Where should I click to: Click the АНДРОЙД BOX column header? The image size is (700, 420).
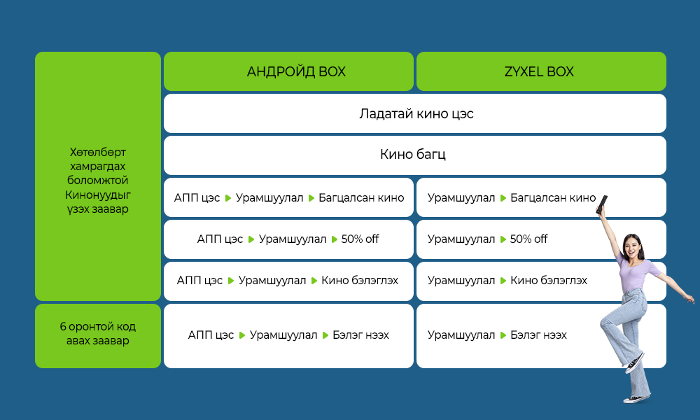(288, 71)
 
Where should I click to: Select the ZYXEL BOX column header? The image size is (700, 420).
(541, 71)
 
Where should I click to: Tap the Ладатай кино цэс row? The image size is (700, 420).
(414, 113)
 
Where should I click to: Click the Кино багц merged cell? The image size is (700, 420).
(414, 155)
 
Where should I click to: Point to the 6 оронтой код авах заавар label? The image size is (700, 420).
(98, 333)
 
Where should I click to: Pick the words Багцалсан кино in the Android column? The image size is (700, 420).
(361, 197)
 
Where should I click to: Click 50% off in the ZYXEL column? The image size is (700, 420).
(528, 239)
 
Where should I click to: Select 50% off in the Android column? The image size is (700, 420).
(360, 239)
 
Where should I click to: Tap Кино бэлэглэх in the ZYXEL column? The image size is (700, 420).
(549, 280)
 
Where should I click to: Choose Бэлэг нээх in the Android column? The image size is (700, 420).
(360, 335)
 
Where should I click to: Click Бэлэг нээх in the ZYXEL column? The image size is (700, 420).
(538, 335)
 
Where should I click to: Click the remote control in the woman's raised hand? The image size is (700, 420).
(602, 204)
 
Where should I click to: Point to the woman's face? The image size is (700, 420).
(633, 246)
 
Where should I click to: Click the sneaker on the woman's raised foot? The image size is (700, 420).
(635, 363)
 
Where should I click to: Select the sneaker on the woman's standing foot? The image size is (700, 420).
(637, 398)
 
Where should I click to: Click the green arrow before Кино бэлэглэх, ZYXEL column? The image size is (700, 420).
(503, 281)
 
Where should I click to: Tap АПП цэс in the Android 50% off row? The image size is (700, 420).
(220, 239)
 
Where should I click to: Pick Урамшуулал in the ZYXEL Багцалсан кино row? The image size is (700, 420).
(461, 197)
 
